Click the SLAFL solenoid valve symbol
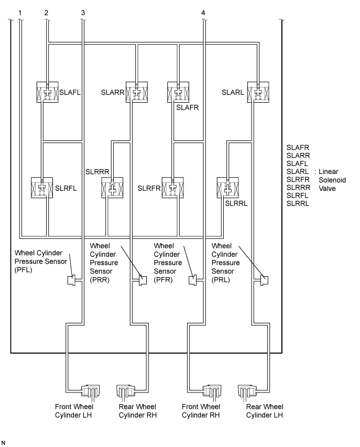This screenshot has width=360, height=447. (48, 92)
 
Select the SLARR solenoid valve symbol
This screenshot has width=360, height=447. (137, 92)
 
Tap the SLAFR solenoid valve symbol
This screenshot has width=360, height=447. (178, 92)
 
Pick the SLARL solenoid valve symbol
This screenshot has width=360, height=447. (258, 92)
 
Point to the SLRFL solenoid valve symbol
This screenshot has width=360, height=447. (42, 188)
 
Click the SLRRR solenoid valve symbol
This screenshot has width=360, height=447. (112, 188)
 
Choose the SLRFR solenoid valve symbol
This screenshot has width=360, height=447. (173, 188)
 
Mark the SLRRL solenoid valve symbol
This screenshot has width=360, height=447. (228, 188)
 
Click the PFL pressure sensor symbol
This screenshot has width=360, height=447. (71, 280)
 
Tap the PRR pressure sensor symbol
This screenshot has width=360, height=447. (143, 280)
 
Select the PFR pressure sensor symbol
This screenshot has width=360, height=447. (193, 280)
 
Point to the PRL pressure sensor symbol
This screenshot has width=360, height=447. (264, 280)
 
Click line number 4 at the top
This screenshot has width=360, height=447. (203, 13)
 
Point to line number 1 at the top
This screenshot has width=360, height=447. (20, 13)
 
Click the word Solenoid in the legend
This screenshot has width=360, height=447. (332, 180)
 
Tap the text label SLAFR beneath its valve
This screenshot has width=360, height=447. (187, 107)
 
